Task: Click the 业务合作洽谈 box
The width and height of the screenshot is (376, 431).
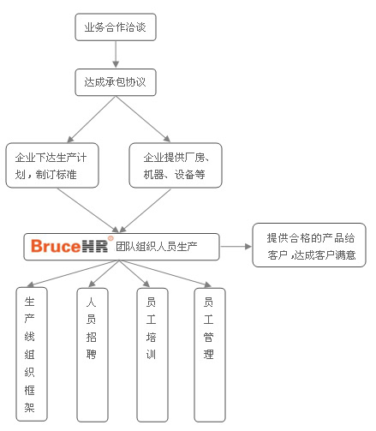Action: point(116,27)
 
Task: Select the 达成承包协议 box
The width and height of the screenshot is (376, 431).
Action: point(116,82)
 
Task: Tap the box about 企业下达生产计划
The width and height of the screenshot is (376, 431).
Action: point(52,165)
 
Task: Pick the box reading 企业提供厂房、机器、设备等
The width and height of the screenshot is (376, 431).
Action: point(176,165)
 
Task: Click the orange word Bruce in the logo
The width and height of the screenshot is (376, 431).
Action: point(56,246)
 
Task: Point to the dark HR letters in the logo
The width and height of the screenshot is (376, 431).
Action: point(95,246)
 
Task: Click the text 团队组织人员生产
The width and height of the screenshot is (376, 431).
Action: point(157,246)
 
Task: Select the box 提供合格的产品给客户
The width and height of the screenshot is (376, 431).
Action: point(309,245)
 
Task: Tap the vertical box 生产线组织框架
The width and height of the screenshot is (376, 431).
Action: point(32,354)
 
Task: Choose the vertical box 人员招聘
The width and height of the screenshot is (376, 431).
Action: point(93,355)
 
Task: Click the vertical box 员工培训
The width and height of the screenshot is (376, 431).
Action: point(152,355)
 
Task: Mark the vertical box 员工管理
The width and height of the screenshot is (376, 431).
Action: point(210,355)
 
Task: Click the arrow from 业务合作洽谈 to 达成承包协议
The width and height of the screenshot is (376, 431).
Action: point(116,54)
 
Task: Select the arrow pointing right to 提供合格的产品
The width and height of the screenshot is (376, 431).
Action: point(236,247)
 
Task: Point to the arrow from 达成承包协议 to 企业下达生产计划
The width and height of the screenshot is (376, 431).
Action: point(92,119)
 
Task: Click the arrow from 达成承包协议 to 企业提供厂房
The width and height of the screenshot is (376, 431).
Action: point(143,119)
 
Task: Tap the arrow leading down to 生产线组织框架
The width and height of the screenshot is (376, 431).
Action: point(73,273)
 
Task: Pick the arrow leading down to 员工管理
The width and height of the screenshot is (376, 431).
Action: point(165,273)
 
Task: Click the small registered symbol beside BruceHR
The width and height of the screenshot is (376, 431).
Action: point(110,238)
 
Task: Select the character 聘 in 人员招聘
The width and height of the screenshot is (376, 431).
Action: point(92,354)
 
